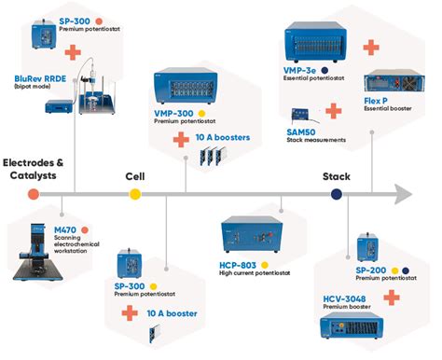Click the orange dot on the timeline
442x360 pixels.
tap(34, 194)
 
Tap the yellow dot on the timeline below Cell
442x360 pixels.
tap(135, 194)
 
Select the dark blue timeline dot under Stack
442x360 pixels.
tap(337, 194)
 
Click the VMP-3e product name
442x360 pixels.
tap(299, 69)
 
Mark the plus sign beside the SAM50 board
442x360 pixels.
tap(333, 110)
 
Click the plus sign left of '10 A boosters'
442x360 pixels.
tap(181, 139)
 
